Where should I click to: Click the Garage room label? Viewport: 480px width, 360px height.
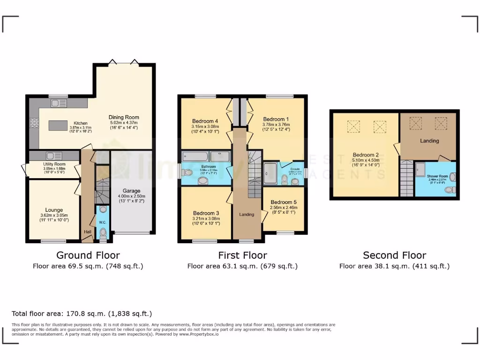coord(132,191)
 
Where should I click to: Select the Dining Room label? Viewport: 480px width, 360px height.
coord(124,117)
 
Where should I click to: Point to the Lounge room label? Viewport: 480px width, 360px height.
coord(54,210)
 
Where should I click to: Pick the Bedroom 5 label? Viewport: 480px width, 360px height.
coord(283,202)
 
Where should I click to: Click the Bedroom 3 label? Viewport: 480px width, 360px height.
coord(206,213)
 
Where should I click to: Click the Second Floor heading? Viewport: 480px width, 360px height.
coord(394,255)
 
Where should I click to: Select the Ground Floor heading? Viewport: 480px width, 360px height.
coord(88,255)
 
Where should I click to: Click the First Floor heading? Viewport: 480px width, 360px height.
coord(242,255)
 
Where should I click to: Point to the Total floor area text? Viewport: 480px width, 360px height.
coord(82,314)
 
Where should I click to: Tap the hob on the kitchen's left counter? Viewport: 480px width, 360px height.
coord(34,123)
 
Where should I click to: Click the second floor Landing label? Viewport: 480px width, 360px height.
coord(429,141)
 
